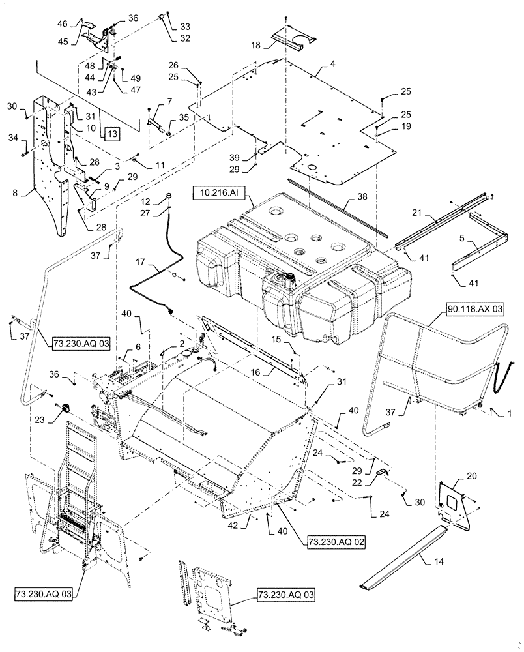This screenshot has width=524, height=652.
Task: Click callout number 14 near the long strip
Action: (427, 558)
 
